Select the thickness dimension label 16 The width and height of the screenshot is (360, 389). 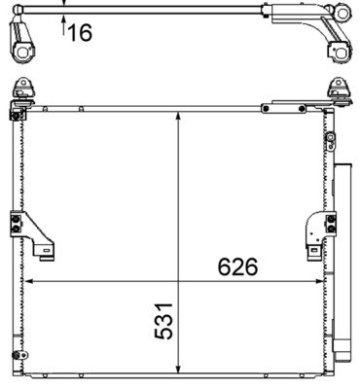(79, 33)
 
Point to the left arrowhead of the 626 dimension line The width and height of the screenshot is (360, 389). (27, 282)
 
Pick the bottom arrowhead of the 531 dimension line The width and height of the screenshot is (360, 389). (178, 370)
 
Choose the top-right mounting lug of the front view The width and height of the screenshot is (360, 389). (341, 89)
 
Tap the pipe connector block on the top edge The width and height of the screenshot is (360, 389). (270, 108)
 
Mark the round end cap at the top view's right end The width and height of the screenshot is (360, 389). (342, 13)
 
